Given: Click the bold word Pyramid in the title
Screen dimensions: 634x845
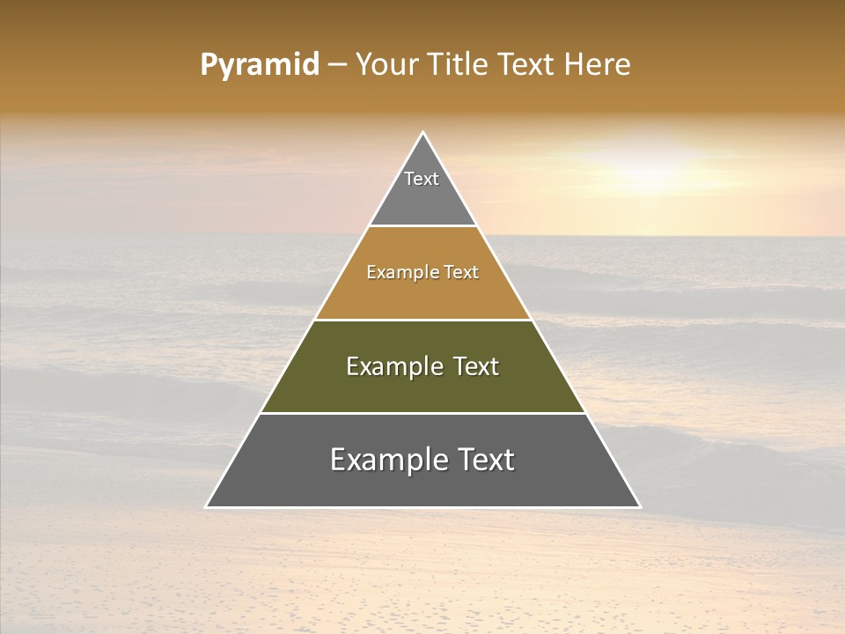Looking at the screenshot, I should [x=260, y=65].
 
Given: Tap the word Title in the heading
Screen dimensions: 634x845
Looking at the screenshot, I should [x=459, y=65].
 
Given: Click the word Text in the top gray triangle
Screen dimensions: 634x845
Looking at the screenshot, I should [x=422, y=179].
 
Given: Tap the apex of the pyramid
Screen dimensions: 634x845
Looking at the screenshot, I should [x=423, y=133].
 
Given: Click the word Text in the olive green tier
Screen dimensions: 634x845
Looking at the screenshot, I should [x=476, y=366].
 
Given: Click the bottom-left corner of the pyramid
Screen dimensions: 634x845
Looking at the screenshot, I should [x=207, y=506].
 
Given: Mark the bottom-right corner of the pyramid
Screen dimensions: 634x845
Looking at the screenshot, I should [x=639, y=506].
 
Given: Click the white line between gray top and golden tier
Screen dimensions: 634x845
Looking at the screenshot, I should [x=423, y=226].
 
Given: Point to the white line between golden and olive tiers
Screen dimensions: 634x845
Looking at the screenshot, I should [x=423, y=320].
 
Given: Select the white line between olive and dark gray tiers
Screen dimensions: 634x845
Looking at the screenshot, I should [x=423, y=413].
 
